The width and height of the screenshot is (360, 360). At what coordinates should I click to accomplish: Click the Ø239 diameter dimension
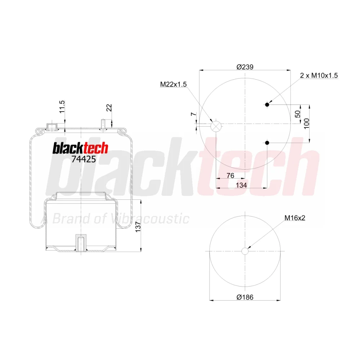[x=245, y=67]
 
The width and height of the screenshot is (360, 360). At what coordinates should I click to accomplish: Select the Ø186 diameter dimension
[x=245, y=297]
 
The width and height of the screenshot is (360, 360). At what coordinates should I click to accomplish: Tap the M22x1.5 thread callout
[x=174, y=84]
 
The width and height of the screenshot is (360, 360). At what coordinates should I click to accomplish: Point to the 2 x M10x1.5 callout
[x=319, y=75]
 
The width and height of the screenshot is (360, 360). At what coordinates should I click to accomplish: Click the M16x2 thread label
[x=295, y=218]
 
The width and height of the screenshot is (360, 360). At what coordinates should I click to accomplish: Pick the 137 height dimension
[x=138, y=227]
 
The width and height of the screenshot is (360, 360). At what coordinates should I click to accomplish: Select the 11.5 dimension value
[x=62, y=107]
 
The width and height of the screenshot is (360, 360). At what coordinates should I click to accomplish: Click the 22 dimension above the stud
[x=109, y=108]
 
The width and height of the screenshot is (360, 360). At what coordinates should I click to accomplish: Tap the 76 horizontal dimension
[x=230, y=175]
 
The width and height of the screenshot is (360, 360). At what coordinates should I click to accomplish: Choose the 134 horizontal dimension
[x=241, y=185]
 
